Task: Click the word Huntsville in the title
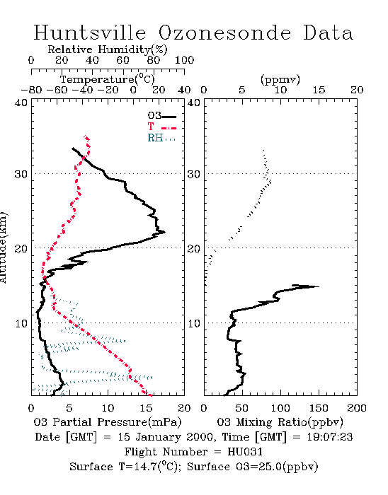(90, 33)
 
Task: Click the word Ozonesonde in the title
(224, 33)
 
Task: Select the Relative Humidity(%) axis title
(108, 49)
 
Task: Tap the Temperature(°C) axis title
(108, 79)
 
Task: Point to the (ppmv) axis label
(280, 79)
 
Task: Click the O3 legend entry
(161, 116)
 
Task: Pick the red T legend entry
(161, 127)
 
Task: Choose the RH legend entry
(161, 138)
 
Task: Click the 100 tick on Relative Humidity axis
(184, 60)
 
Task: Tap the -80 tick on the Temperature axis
(31, 90)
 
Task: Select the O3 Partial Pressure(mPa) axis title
(108, 422)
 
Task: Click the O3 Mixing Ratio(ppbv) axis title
(280, 422)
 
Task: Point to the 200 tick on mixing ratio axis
(357, 408)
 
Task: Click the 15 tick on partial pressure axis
(146, 408)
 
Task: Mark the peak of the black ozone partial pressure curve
(164, 233)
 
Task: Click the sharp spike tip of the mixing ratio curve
(319, 286)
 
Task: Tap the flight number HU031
(245, 452)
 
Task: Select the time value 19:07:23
(330, 437)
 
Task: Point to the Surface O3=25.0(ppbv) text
(252, 467)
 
